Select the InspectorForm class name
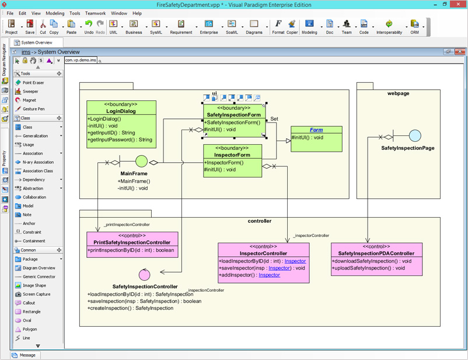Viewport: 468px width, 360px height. pos(232,155)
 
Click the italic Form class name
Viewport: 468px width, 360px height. pos(316,130)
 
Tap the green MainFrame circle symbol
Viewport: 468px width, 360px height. pos(141,162)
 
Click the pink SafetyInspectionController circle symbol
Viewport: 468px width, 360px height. pos(145,274)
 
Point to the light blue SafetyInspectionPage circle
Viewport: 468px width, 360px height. pos(415,137)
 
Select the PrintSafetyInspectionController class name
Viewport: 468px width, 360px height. pos(132,242)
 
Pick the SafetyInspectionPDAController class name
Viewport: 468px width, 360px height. pos(376,253)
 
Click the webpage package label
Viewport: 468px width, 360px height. pos(398,93)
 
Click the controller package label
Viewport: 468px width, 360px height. pos(260,221)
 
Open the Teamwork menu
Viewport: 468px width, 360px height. pos(96,13)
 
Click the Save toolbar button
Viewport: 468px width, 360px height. pos(30,26)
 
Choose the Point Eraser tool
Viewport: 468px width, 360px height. pos(33,83)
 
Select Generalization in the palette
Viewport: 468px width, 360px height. pos(36,136)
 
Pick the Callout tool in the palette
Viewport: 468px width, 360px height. pos(29,303)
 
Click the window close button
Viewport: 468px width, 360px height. pos(459,4)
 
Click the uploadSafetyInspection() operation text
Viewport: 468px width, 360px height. pos(368,268)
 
